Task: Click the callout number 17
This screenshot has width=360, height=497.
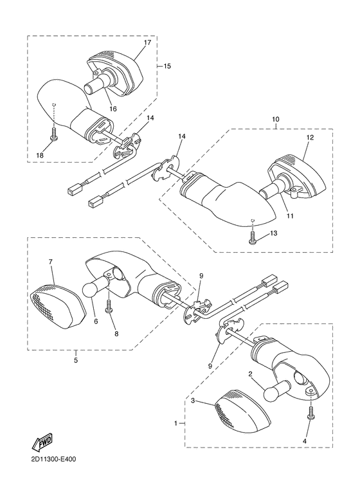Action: click(147, 43)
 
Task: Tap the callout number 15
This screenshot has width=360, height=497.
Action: click(167, 66)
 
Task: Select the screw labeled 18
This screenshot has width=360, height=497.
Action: click(53, 138)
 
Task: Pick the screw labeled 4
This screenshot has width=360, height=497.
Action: click(311, 415)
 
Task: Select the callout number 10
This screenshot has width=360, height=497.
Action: click(276, 119)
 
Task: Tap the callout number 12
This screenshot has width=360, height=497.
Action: click(309, 138)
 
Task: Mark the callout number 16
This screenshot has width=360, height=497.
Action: click(113, 110)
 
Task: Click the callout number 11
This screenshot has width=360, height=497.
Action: click(290, 215)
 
